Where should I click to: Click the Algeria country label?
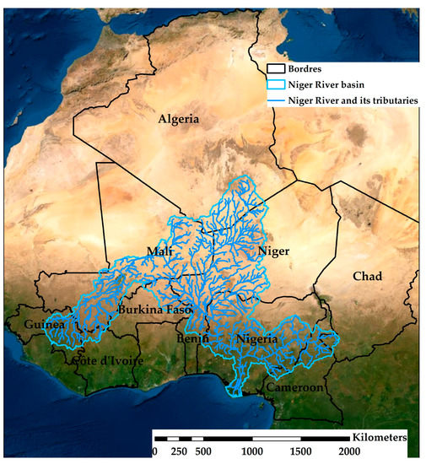(179, 119)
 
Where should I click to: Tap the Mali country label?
(159, 252)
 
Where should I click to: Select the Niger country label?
(272, 251)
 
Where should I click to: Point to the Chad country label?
(367, 277)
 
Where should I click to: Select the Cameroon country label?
(295, 388)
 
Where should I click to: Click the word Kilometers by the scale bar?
(380, 439)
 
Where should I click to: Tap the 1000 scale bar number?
(251, 452)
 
